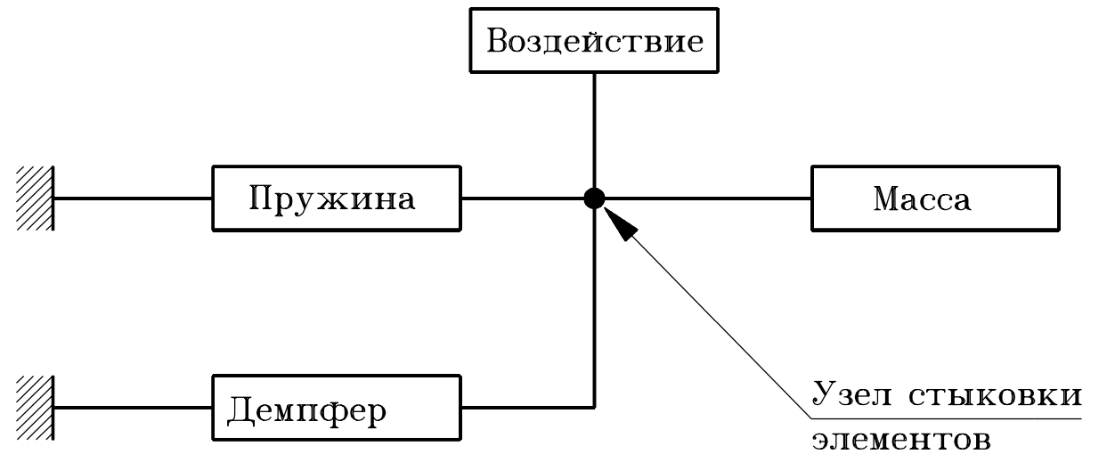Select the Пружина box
coord(336,197)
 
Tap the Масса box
coord(935,197)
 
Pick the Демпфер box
coord(336,409)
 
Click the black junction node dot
coord(594,198)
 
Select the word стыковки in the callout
coord(996,395)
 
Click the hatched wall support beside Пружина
coord(35,198)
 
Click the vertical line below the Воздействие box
coord(594,125)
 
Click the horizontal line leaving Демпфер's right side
coord(525,409)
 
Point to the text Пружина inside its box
coord(331,198)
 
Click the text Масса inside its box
coord(921,199)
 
